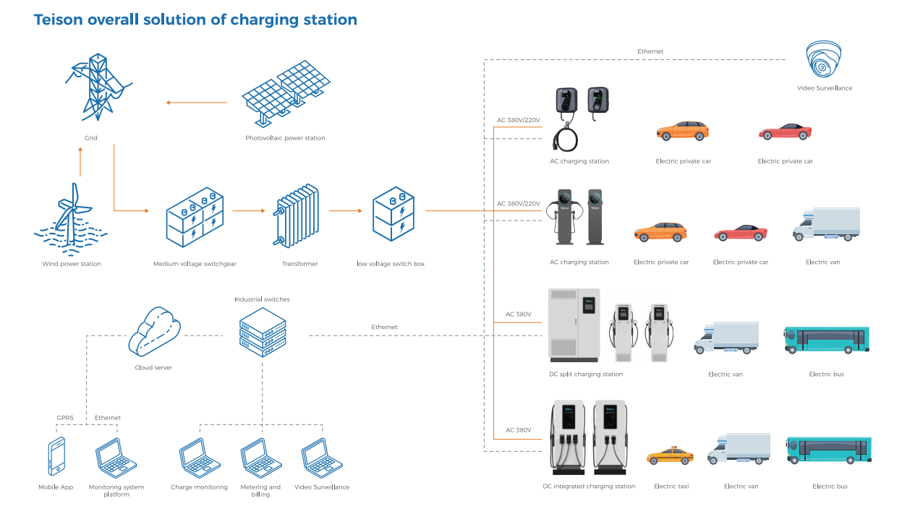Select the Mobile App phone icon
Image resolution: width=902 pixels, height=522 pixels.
tap(56, 457)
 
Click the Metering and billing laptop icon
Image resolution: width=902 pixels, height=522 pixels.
tap(260, 457)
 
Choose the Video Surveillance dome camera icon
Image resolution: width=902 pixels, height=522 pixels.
tap(824, 60)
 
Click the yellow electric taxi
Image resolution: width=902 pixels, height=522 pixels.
tap(669, 457)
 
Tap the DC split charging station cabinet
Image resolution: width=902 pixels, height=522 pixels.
tap(574, 325)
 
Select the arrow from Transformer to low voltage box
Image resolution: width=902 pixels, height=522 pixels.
tap(345, 211)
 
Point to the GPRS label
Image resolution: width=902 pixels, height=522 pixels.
tap(65, 418)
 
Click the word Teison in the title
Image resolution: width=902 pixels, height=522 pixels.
tap(59, 20)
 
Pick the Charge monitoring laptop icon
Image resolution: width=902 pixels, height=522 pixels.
tap(199, 457)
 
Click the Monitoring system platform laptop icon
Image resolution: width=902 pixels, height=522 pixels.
tap(116, 457)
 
